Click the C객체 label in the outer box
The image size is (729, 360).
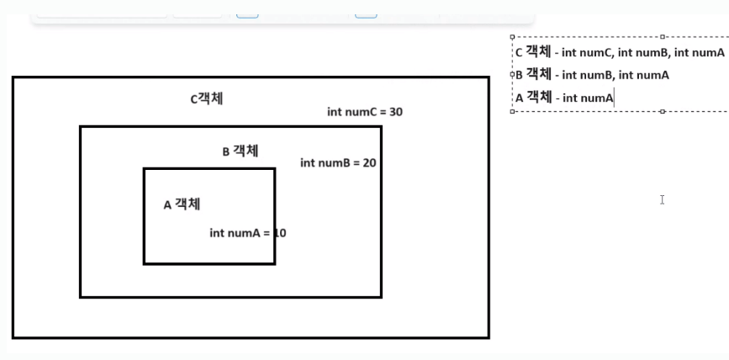coord(207,98)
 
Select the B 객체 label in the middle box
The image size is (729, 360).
coord(240,151)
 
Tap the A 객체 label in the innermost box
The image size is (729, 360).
coord(182,204)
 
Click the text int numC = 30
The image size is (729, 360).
coord(365,112)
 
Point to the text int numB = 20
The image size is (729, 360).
coord(338,162)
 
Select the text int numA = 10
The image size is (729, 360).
coord(248,233)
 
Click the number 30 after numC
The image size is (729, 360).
coord(396,112)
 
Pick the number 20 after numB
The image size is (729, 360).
coord(369,162)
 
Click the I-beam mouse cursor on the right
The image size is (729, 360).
coord(663,199)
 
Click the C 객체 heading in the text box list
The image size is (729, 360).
coord(532,52)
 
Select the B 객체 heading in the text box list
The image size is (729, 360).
coord(533,75)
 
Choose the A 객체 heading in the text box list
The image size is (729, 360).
coord(533,98)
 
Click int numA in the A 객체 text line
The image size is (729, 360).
coord(588,98)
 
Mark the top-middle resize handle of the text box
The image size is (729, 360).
coord(663,37)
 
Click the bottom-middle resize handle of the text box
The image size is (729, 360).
coord(663,111)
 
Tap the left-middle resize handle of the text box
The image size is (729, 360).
coord(512,74)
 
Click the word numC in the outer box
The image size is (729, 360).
coord(359,112)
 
